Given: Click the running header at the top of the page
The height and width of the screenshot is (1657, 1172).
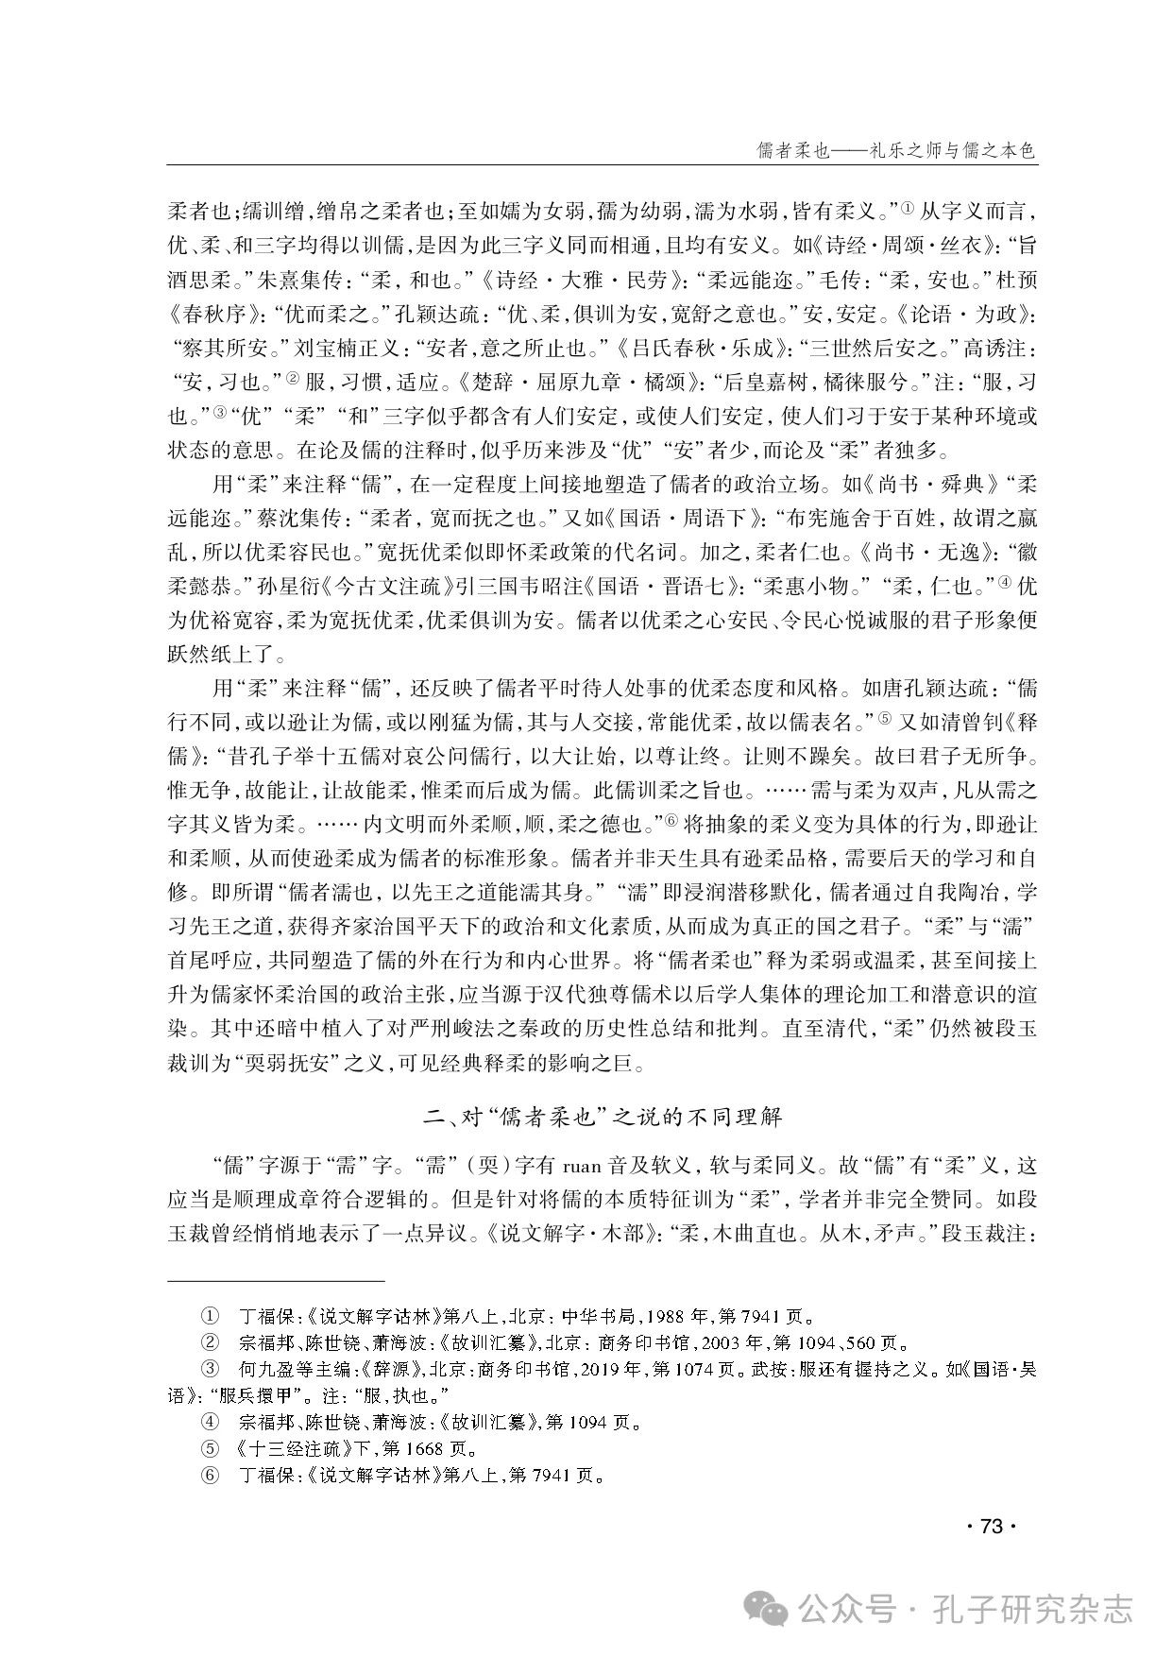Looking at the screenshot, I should click(x=896, y=149).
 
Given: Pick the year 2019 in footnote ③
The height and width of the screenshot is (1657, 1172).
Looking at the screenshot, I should click(x=598, y=1369).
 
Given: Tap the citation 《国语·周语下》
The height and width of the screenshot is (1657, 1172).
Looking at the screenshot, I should click(x=684, y=519).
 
